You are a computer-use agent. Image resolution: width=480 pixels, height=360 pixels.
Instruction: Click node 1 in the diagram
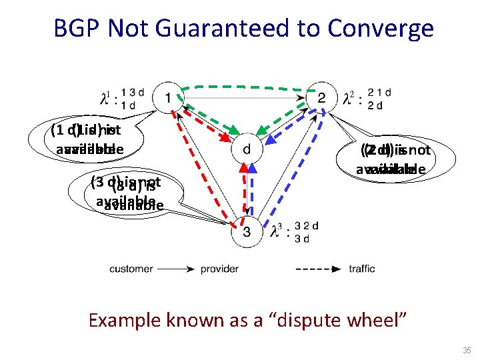click(x=167, y=98)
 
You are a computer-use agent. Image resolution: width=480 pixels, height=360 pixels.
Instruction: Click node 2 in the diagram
click(x=322, y=98)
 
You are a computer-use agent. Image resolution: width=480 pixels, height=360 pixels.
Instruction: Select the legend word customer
click(x=131, y=269)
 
